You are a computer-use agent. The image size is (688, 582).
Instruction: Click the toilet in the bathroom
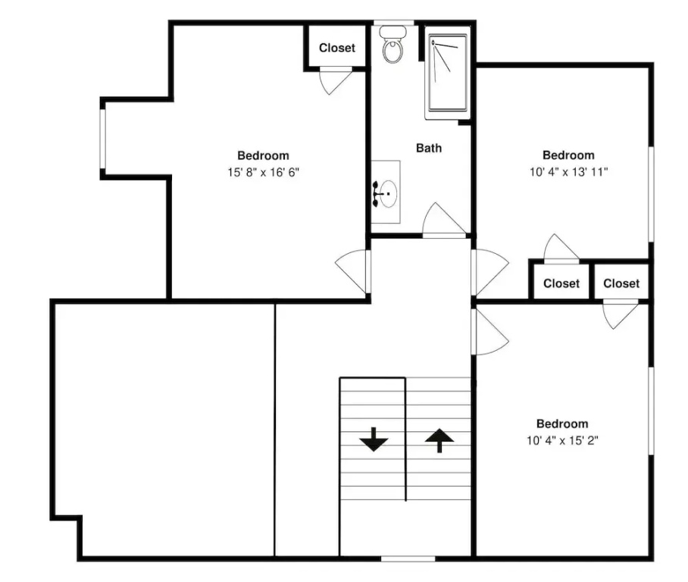click(x=392, y=44)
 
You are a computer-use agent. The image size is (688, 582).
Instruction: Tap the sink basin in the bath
click(x=388, y=193)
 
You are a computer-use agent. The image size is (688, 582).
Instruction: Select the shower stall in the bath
click(x=448, y=74)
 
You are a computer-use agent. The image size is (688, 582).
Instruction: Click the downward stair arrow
click(x=374, y=440)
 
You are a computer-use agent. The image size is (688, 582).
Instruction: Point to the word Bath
click(x=429, y=148)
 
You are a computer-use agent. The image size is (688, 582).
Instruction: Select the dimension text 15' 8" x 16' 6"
click(x=263, y=172)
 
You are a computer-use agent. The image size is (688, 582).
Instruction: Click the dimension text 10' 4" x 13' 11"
click(x=568, y=171)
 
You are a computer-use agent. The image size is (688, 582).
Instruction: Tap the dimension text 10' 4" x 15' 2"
click(x=562, y=440)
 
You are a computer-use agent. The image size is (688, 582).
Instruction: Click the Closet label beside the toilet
click(x=337, y=48)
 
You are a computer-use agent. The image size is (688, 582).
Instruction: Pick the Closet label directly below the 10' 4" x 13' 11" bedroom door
click(x=561, y=283)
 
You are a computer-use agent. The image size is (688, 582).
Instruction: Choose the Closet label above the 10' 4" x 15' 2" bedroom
click(x=621, y=283)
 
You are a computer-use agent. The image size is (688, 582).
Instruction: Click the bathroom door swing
click(x=444, y=220)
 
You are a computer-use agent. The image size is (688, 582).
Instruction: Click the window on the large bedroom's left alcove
click(x=103, y=138)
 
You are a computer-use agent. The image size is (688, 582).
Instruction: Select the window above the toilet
click(x=393, y=23)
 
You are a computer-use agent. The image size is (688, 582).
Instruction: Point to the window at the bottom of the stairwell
click(x=408, y=559)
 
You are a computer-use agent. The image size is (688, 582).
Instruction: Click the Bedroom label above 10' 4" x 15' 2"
click(x=562, y=424)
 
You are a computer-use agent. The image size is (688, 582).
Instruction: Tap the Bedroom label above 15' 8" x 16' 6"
click(x=263, y=155)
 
